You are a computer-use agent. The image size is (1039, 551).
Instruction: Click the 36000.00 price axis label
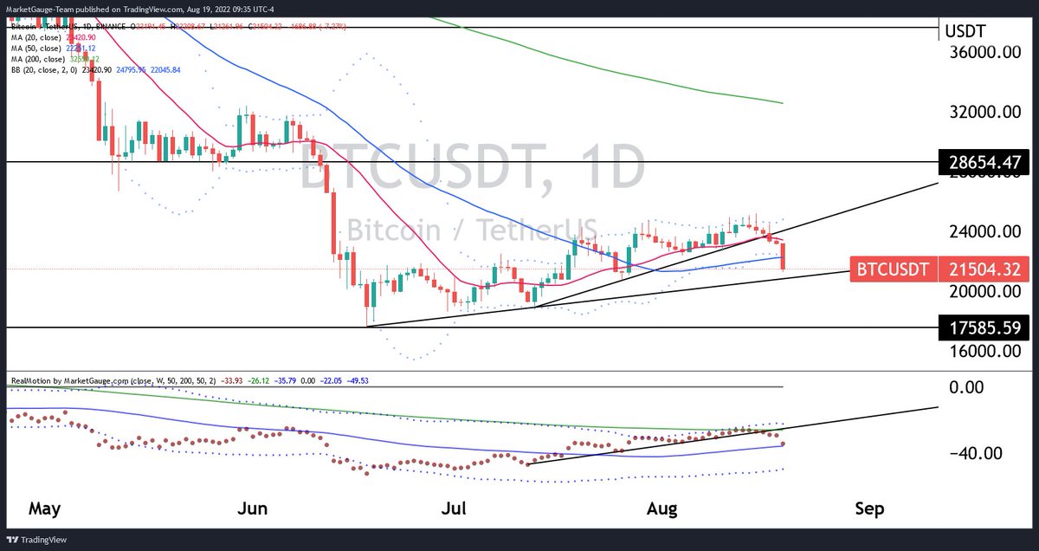pyautogui.click(x=983, y=53)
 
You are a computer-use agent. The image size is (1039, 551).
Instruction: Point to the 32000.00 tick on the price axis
pyautogui.click(x=983, y=113)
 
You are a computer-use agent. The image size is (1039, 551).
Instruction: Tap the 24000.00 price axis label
pyautogui.click(x=983, y=232)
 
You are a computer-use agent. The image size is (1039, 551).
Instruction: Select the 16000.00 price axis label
pyautogui.click(x=983, y=352)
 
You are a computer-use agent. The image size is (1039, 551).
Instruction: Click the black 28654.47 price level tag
pyautogui.click(x=983, y=162)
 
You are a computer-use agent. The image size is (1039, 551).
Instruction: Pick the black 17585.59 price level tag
pyautogui.click(x=983, y=328)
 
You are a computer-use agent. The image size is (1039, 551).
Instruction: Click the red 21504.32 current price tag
pyautogui.click(x=983, y=270)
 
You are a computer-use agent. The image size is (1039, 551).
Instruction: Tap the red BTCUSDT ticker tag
pyautogui.click(x=892, y=270)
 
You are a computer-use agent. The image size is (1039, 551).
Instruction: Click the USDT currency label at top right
pyautogui.click(x=964, y=32)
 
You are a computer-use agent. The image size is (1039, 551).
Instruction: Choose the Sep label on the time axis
pyautogui.click(x=868, y=509)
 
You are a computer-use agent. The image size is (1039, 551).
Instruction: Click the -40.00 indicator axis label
pyautogui.click(x=976, y=453)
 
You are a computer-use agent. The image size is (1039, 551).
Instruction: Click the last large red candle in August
pyautogui.click(x=784, y=256)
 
